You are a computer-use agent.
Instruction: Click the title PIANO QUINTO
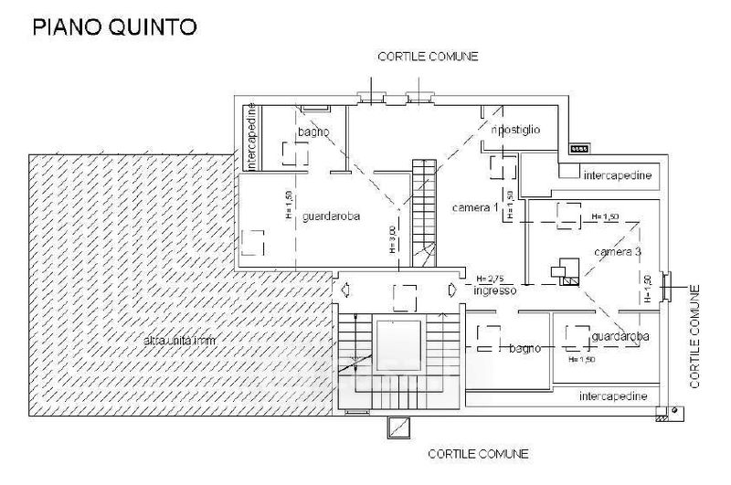[x=113, y=27]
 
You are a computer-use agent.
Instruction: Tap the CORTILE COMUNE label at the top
[x=429, y=56]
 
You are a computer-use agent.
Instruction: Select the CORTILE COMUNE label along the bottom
[x=479, y=453]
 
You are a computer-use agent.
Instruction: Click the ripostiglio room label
[x=516, y=130]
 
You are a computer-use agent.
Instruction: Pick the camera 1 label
[x=475, y=209]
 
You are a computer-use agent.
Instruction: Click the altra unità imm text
[x=184, y=341]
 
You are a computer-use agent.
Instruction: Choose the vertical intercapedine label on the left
[x=253, y=138]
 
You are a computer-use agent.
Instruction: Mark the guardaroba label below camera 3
[x=620, y=337]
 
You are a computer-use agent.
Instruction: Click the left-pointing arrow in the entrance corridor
[x=344, y=290]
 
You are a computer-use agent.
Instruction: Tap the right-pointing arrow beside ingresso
[x=452, y=290]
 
